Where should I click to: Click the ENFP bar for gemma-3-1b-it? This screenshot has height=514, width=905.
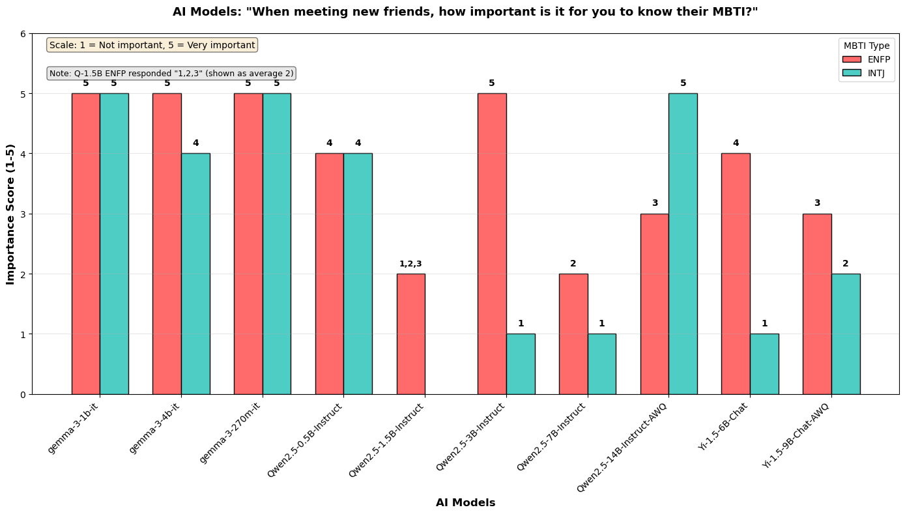tap(85, 244)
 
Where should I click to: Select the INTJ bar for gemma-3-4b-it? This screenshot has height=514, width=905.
tap(195, 274)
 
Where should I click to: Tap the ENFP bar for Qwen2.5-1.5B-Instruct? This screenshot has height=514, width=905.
tap(410, 334)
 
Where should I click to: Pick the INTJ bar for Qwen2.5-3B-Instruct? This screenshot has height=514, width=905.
tap(521, 364)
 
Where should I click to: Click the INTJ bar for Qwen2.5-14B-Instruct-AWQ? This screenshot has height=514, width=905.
tap(683, 244)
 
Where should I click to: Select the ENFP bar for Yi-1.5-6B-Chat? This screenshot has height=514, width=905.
tap(736, 274)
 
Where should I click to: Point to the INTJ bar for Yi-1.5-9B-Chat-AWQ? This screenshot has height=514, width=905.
tap(846, 334)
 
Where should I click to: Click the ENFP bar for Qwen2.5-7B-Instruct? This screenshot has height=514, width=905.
tap(573, 334)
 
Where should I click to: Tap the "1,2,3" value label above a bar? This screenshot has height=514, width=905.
tap(410, 264)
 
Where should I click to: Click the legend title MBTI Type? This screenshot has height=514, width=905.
tap(867, 46)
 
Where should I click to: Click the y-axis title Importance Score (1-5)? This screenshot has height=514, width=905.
tap(10, 214)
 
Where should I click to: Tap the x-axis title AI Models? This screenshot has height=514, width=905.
tap(465, 503)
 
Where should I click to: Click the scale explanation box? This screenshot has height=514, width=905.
tap(152, 45)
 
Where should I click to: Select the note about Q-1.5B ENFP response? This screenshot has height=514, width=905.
tap(171, 73)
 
